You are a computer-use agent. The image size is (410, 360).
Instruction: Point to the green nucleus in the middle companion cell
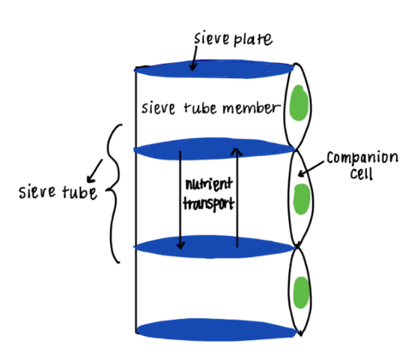coord(302,198)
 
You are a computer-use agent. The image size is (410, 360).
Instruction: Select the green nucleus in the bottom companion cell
coord(301,291)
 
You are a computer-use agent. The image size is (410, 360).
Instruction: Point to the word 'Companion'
coord(362,160)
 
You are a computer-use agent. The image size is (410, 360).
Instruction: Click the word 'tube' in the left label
coord(78,194)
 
